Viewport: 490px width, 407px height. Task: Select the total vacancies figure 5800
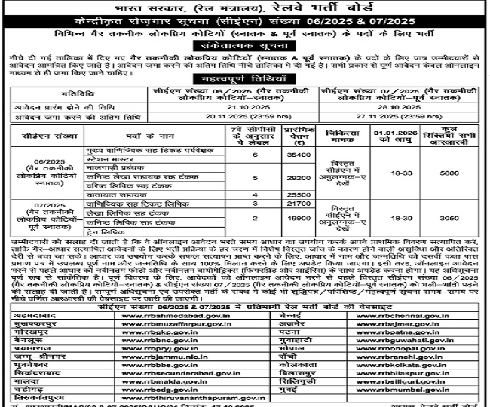pos(448,172)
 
